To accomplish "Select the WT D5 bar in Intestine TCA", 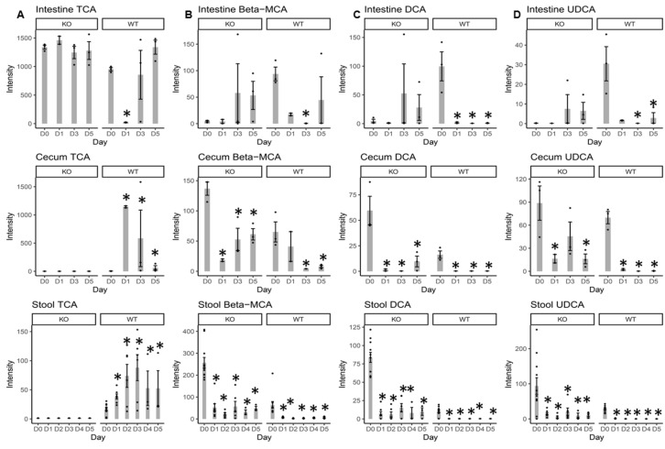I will click(156, 84).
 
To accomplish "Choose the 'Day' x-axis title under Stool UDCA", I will click(587, 438).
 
